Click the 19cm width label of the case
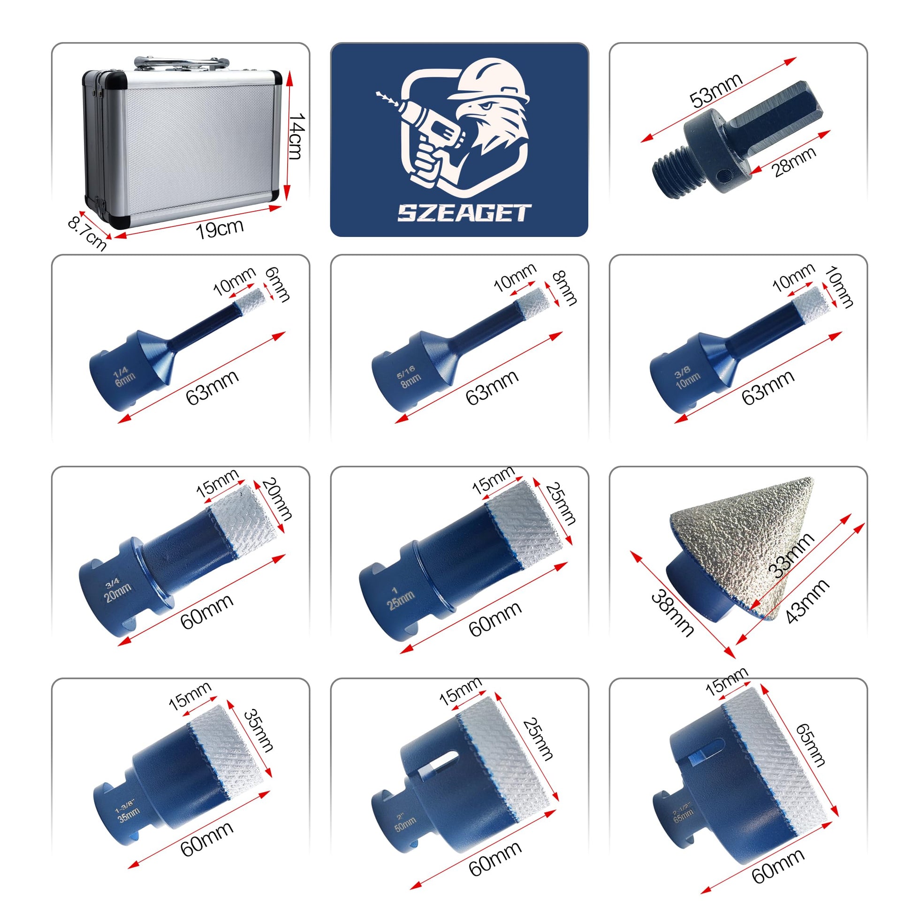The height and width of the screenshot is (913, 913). pos(220,229)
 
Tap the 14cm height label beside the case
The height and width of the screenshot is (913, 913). pos(297,136)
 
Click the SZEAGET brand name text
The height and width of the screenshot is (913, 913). pos(464,213)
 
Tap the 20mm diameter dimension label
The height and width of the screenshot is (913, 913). pos(276,499)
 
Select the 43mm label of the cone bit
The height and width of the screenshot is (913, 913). pos(807,600)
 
